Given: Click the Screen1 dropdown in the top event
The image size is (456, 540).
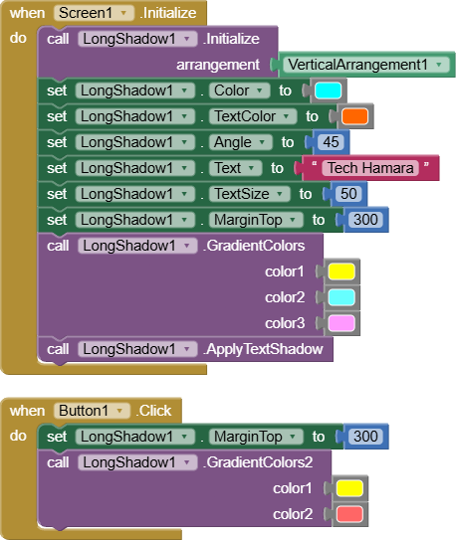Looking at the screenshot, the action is point(94,13).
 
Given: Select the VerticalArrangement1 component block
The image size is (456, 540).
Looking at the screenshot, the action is point(365,65).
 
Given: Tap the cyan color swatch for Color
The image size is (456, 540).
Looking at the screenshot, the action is point(328,90).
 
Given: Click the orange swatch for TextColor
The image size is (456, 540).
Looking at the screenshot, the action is point(354,116).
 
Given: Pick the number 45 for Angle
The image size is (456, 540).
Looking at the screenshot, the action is point(331,142).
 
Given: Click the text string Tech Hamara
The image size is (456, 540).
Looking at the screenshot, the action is point(370,168).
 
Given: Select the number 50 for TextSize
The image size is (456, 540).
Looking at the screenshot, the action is point(348,194).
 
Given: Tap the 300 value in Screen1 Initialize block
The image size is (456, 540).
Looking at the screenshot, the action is point(365,220).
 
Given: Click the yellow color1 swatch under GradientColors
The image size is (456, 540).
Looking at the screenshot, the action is point(342,271).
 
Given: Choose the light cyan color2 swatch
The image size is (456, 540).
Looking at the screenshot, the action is point(342,297).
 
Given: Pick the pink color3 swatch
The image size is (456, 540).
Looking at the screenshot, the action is point(342,323).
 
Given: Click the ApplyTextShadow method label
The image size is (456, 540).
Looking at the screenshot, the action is point(263,349).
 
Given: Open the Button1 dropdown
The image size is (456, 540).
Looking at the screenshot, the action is point(92,411).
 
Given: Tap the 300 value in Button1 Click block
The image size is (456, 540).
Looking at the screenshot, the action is point(365,437).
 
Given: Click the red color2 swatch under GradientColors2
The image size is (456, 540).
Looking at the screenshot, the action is point(349,514).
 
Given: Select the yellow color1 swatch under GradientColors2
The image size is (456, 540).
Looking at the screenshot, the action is point(349,488).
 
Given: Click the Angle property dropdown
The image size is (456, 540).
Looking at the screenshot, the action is point(240,142).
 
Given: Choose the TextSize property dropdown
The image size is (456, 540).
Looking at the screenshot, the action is point(249,194).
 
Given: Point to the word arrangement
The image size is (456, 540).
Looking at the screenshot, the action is point(218,65).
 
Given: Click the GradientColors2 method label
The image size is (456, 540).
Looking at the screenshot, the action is point(258,462).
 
